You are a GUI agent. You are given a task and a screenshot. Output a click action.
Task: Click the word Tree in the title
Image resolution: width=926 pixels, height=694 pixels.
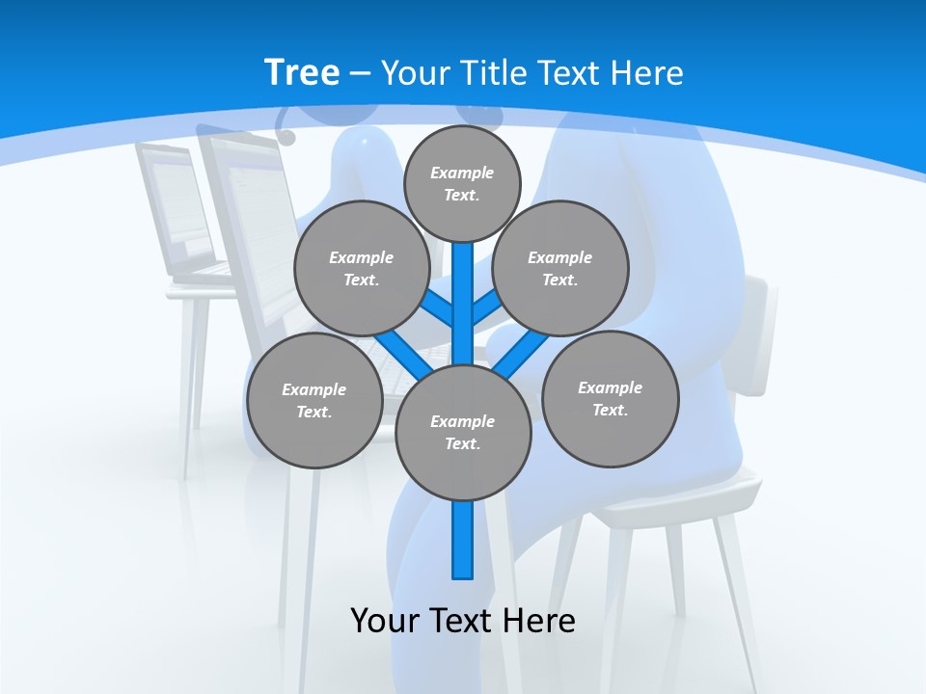click(302, 72)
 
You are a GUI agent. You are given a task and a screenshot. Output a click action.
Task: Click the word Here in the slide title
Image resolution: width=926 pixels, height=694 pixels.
click(649, 72)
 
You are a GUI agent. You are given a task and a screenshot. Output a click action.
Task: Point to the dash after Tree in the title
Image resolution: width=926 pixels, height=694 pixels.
click(361, 73)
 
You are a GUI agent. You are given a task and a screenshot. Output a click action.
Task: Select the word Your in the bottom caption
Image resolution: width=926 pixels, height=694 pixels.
click(385, 620)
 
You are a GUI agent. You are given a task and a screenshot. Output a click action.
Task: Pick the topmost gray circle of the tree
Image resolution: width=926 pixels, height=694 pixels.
click(462, 183)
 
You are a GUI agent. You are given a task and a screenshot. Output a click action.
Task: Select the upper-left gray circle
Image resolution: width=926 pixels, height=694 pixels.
click(361, 268)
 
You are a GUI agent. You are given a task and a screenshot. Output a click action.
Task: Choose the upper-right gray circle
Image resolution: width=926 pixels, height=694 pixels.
click(560, 268)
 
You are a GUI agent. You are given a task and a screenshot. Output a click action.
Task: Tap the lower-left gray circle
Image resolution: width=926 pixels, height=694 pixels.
click(313, 400)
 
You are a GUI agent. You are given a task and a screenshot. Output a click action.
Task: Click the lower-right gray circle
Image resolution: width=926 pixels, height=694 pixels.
click(611, 398)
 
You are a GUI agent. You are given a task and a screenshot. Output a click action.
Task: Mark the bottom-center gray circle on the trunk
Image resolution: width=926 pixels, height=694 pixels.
click(463, 433)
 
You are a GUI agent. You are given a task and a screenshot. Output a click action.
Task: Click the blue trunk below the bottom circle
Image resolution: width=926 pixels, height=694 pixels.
click(463, 540)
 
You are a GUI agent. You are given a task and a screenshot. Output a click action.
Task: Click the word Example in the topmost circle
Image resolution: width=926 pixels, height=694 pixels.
click(462, 173)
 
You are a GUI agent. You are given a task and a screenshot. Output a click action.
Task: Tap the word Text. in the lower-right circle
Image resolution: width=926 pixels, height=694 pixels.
click(610, 410)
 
